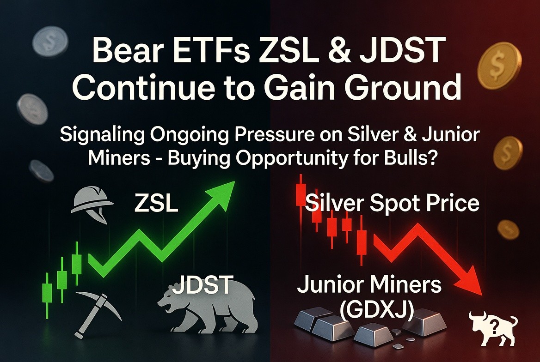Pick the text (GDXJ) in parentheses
point(376,310)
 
